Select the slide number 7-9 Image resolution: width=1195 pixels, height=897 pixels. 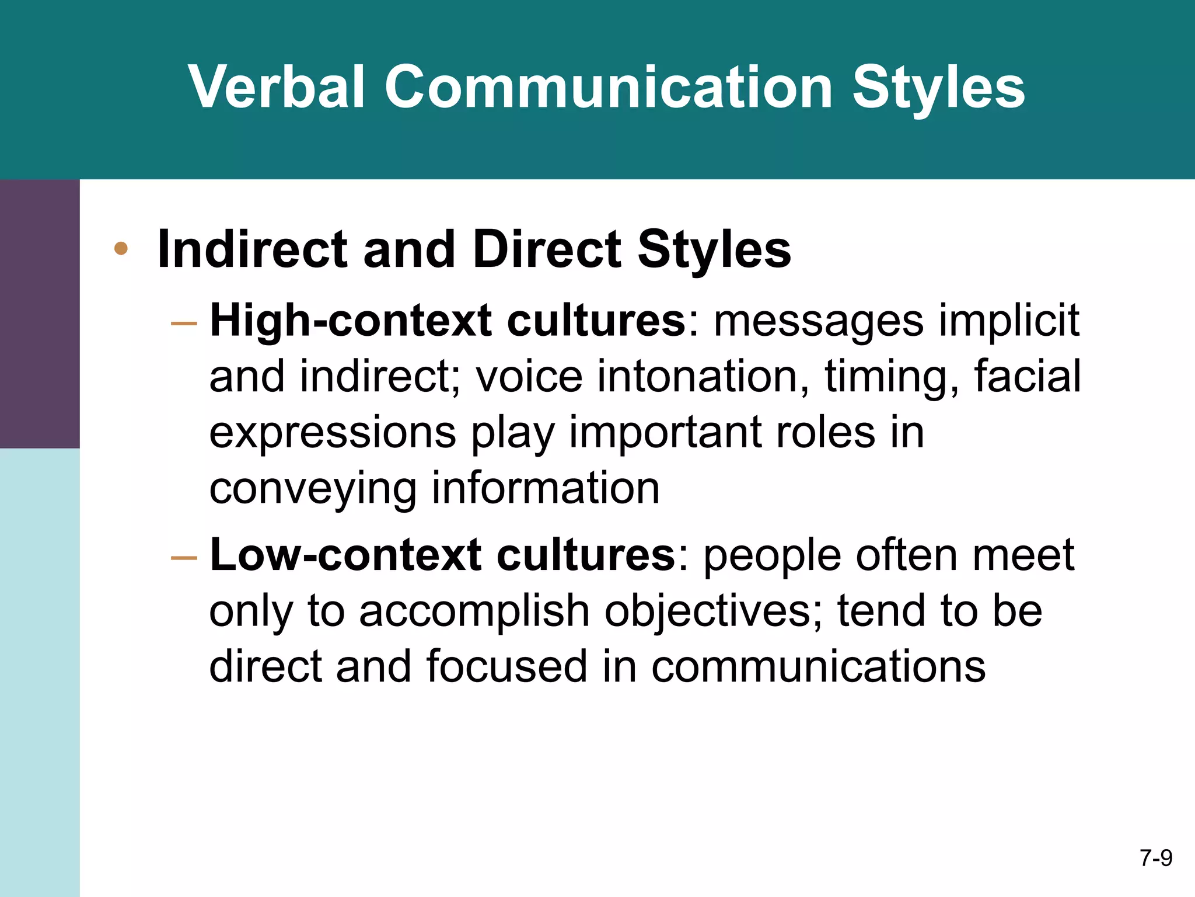(x=1156, y=858)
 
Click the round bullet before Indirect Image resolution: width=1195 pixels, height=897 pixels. (x=121, y=249)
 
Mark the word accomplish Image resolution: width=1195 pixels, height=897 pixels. (x=474, y=611)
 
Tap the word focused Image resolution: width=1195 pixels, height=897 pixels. (x=506, y=666)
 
